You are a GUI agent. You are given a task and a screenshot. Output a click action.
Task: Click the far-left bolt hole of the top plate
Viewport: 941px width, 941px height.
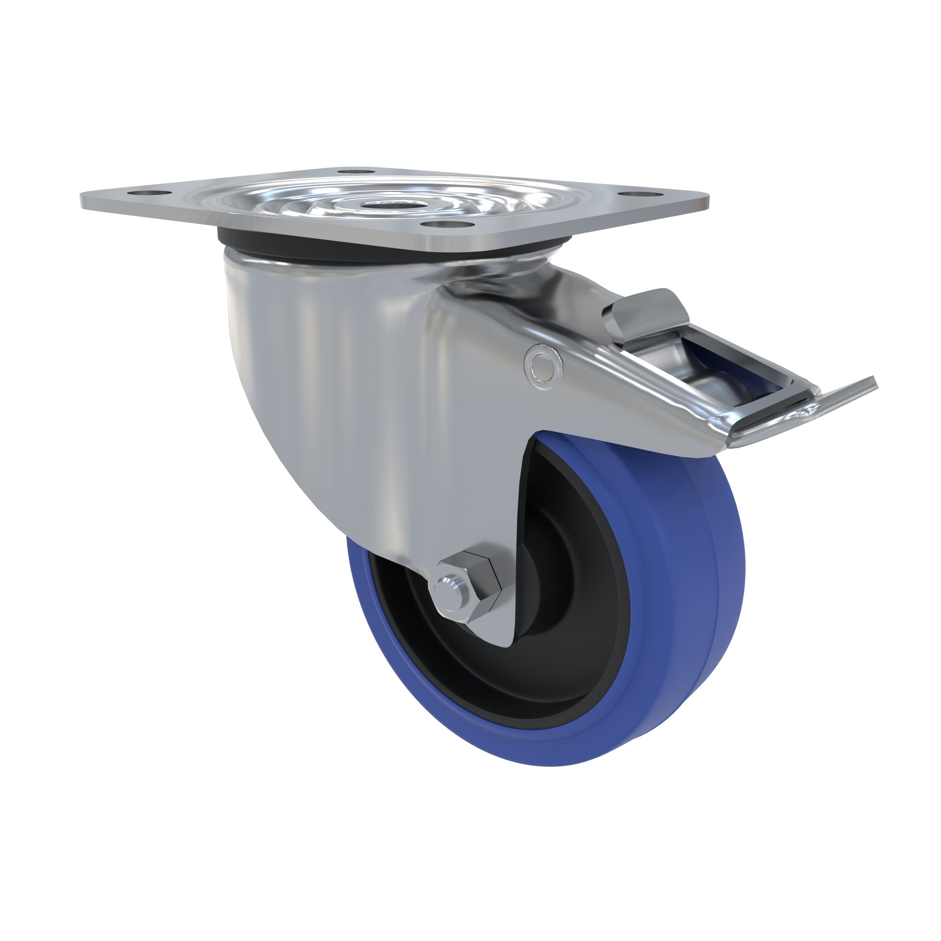pyautogui.click(x=154, y=194)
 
